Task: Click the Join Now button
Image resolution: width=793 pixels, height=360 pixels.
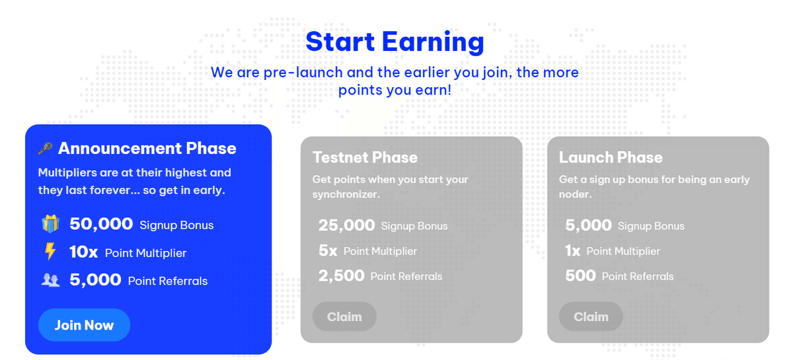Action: point(85,325)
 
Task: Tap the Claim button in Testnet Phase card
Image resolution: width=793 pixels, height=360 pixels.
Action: point(344,316)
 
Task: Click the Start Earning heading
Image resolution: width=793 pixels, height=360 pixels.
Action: point(395,42)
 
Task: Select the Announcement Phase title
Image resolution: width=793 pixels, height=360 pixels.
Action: point(147,148)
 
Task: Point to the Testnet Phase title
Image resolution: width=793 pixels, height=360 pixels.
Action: point(365,157)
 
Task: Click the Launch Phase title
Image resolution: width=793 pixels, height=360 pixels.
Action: point(611,157)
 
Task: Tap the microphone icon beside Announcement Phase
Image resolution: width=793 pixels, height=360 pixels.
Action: point(46,149)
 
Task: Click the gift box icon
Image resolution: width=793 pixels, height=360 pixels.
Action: point(50,224)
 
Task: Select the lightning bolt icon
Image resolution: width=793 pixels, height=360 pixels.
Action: point(50,251)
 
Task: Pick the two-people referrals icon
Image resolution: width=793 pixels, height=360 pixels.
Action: point(50,280)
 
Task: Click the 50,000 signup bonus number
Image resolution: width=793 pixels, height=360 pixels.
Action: point(101,224)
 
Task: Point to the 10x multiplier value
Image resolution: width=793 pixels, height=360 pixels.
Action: point(83,252)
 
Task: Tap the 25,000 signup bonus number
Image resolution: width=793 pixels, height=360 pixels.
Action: point(346,225)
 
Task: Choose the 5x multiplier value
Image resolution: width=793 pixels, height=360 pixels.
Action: point(328,250)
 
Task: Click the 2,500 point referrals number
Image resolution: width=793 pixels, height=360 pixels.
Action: point(341,275)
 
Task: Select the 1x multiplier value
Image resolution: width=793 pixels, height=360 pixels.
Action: point(573,250)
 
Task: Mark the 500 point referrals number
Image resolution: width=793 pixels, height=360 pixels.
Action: point(581,275)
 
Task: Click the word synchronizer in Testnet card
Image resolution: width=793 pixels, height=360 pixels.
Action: point(346,194)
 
